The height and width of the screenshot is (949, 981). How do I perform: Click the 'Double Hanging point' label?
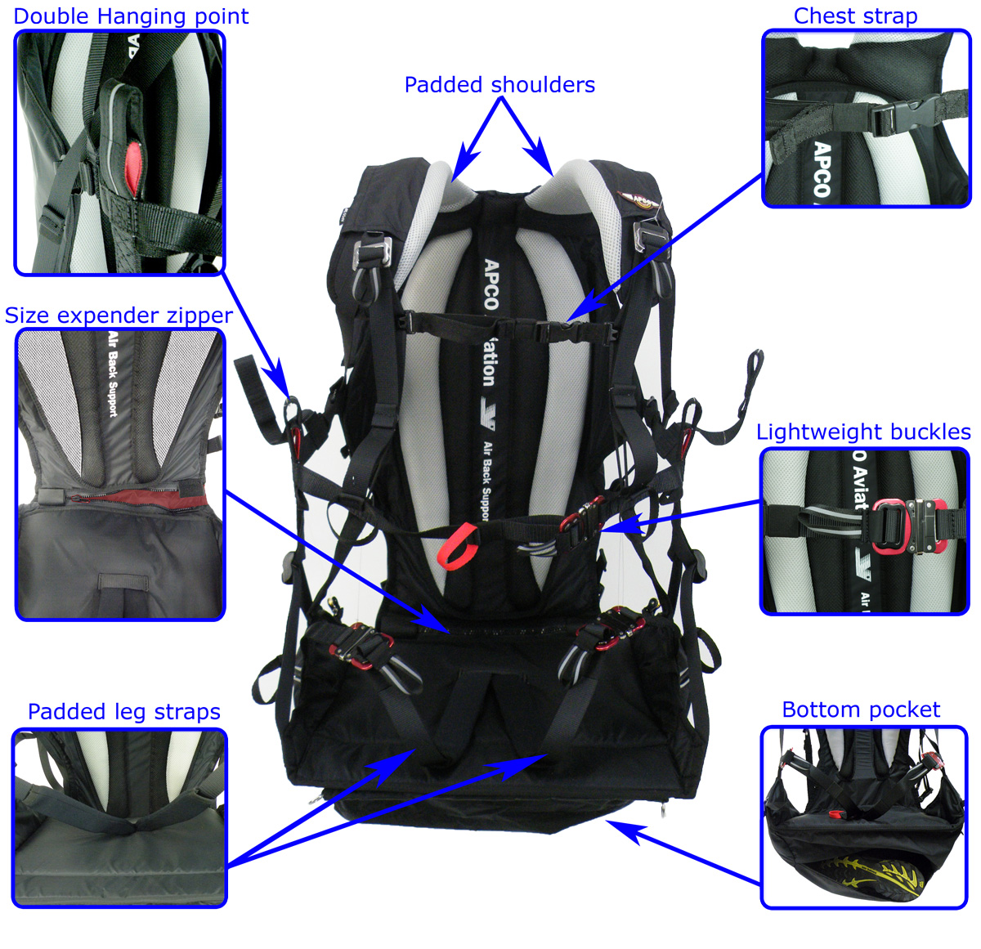coord(131,16)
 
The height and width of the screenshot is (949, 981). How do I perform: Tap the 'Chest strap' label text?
coord(855,16)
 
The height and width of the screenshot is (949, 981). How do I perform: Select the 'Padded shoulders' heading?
coord(499,85)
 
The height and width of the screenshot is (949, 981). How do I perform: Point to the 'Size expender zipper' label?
coord(119,316)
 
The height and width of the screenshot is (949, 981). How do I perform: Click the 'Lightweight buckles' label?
coord(863,432)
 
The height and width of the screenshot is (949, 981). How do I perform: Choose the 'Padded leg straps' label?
coord(124,712)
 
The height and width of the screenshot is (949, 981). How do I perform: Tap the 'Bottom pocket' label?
coord(861,710)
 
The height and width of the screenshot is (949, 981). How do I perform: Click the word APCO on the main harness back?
coord(490,284)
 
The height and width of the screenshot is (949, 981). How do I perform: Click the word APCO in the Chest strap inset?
coord(822,170)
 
